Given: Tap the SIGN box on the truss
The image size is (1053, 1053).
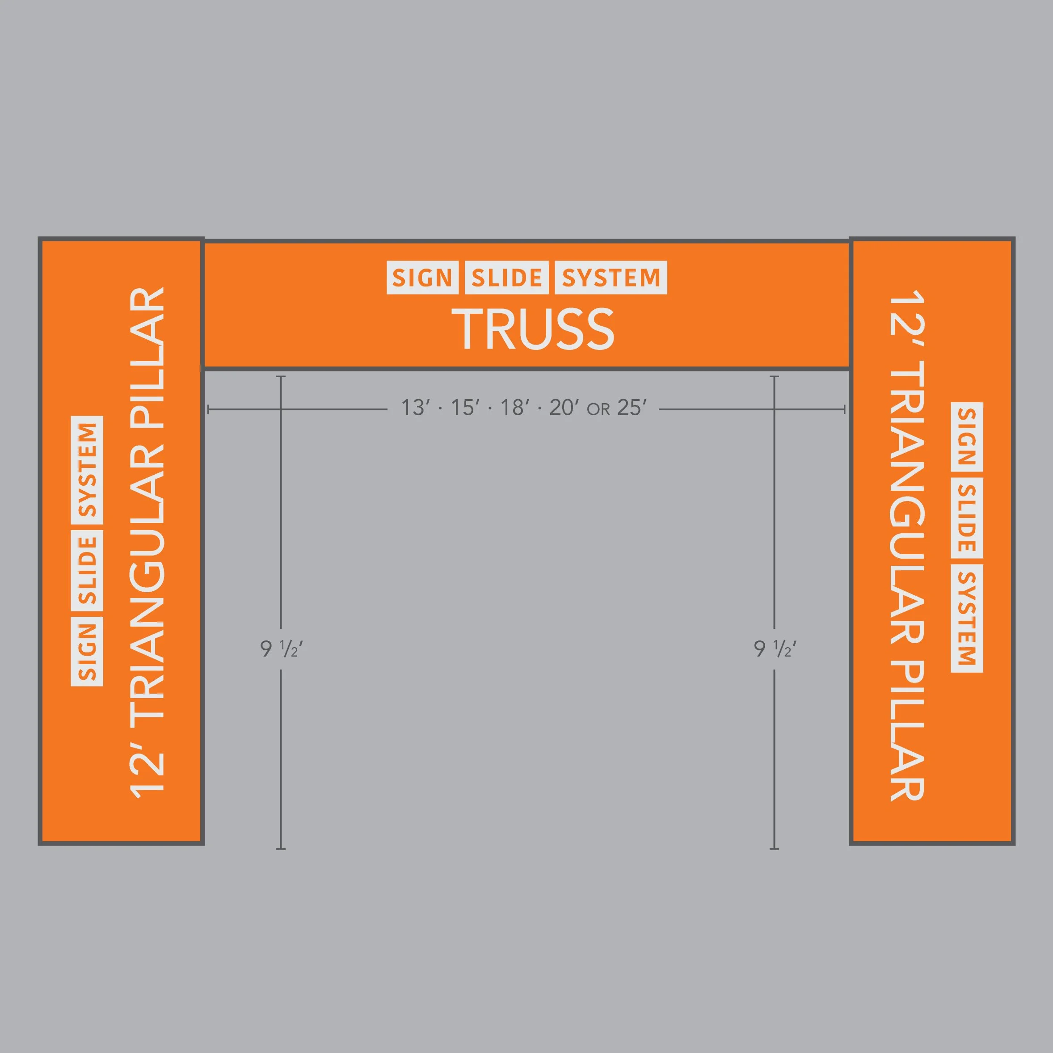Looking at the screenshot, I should click(x=422, y=278).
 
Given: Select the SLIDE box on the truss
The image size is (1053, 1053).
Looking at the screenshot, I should click(x=506, y=278).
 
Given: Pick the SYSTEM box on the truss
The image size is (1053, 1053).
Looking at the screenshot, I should click(x=611, y=278).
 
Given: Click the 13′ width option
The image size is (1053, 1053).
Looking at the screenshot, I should click(x=415, y=408).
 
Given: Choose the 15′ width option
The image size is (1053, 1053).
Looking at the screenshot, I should click(x=465, y=408).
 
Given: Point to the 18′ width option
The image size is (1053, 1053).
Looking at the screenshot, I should click(x=514, y=408).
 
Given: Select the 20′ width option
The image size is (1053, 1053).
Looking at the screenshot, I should click(x=564, y=408).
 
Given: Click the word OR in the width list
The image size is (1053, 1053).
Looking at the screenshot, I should click(x=598, y=409).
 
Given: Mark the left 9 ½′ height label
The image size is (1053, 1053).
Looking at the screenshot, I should click(x=281, y=649).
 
